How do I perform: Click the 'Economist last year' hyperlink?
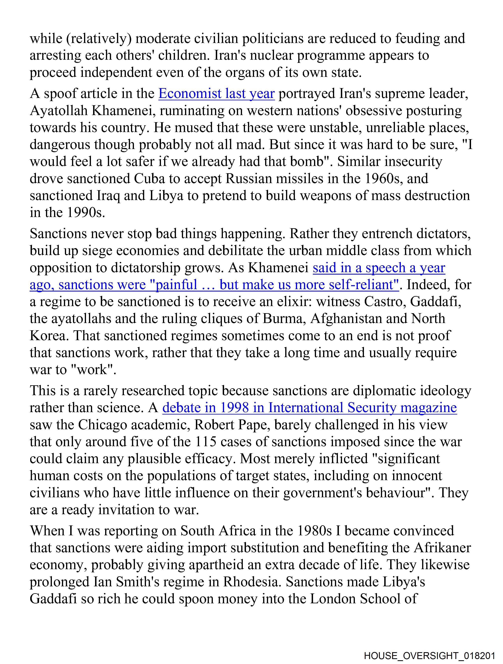216,94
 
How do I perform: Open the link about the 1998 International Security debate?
309,408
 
